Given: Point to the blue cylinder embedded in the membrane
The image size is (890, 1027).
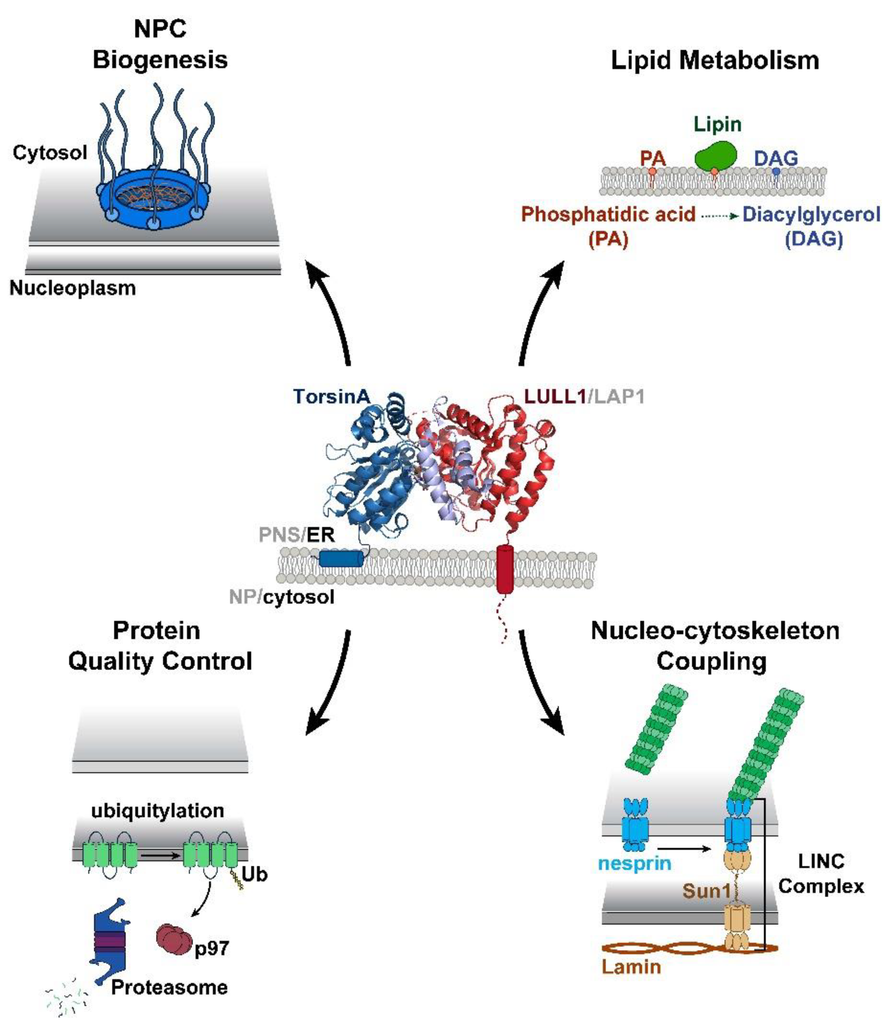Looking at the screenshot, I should click(341, 559).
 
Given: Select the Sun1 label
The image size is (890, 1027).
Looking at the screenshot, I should click(706, 891).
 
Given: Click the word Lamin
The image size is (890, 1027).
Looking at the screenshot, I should click(631, 966).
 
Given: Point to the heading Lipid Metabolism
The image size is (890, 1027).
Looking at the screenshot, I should click(715, 61).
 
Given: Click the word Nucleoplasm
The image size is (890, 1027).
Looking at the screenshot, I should click(72, 288).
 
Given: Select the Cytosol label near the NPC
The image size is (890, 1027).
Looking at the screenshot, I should click(50, 152).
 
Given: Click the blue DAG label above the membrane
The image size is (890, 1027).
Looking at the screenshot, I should click(776, 158).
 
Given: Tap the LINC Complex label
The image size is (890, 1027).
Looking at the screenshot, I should click(820, 874).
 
